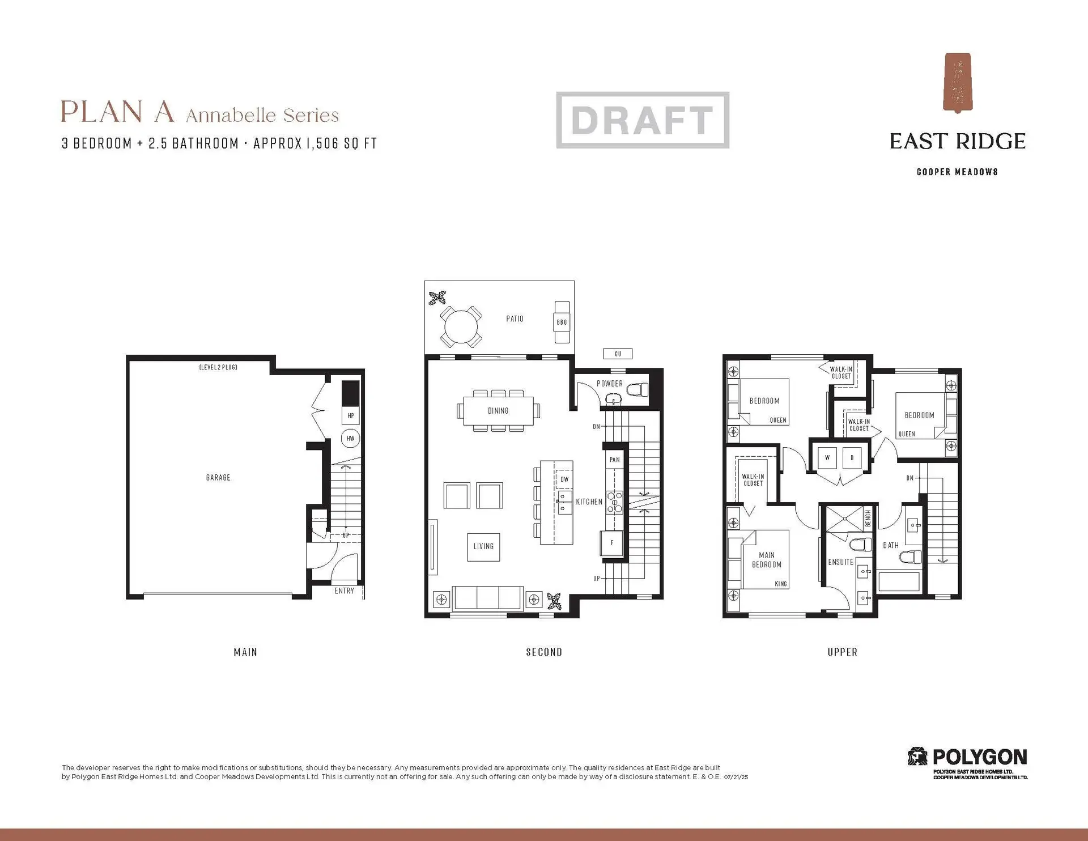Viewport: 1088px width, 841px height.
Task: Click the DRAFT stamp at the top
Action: click(642, 120)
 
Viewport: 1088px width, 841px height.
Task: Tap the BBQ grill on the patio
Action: click(562, 322)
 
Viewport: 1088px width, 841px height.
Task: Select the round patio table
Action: click(461, 326)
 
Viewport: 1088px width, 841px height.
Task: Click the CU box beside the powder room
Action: click(618, 354)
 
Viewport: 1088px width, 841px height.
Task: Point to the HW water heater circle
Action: click(350, 438)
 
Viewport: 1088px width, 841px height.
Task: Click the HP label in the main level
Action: click(350, 415)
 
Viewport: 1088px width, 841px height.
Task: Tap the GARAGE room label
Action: click(218, 478)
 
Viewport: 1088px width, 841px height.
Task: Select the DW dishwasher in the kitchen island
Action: click(564, 479)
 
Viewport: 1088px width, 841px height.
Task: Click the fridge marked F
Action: click(612, 543)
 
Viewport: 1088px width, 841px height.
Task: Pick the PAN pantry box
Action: click(614, 460)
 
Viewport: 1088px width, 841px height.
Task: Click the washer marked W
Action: click(827, 457)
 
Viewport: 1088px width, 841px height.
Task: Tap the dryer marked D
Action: click(852, 457)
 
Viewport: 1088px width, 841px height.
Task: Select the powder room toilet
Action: click(638, 390)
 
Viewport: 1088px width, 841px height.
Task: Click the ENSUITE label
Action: click(840, 562)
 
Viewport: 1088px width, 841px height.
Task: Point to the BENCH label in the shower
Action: click(868, 518)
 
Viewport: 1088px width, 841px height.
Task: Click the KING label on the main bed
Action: click(780, 584)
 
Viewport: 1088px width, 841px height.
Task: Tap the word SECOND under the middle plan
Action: click(544, 652)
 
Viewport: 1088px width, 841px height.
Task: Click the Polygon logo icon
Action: click(917, 757)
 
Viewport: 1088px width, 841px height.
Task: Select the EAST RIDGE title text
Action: click(957, 142)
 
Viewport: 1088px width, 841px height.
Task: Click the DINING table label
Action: click(498, 411)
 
